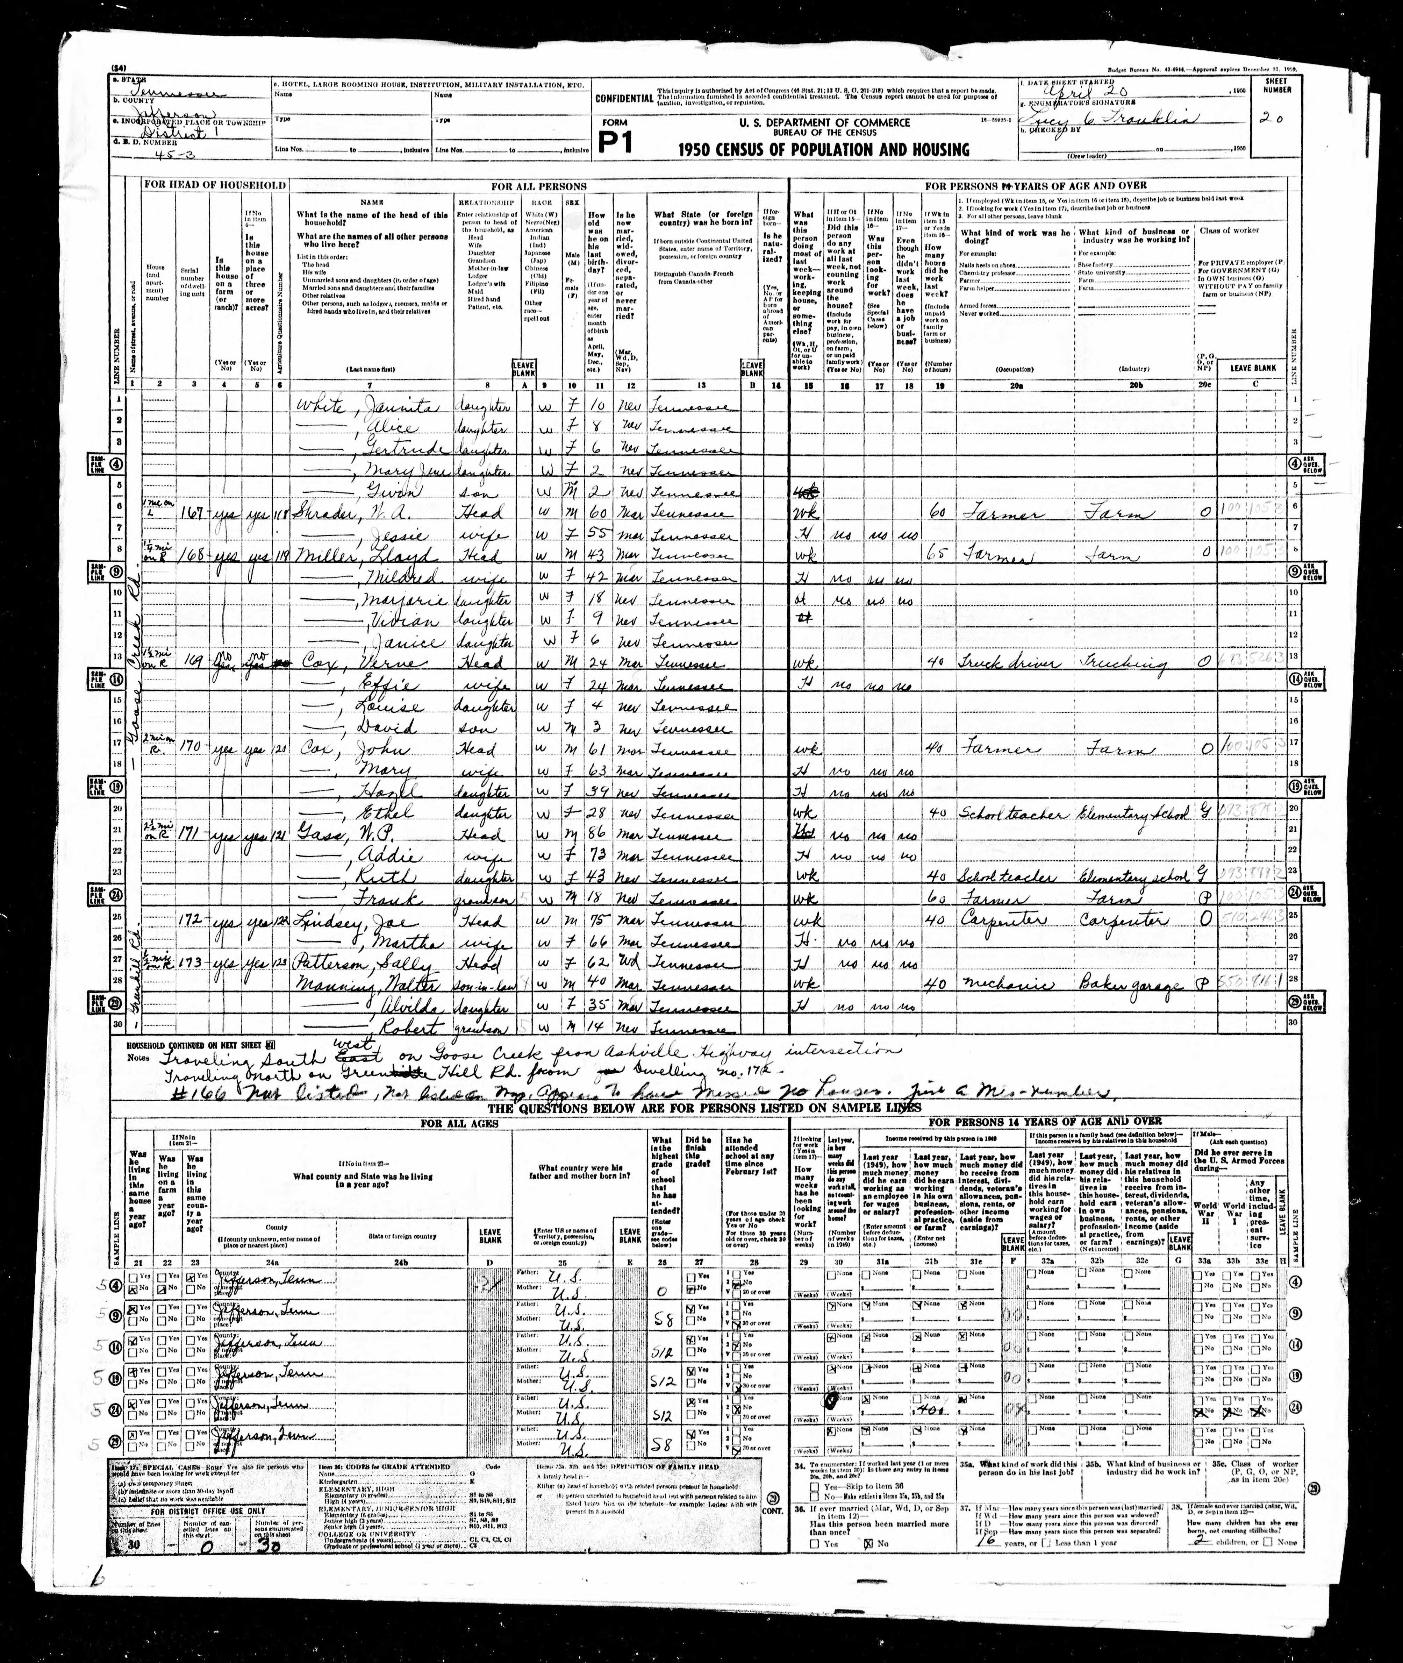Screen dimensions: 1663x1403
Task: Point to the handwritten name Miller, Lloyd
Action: coord(350,555)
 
